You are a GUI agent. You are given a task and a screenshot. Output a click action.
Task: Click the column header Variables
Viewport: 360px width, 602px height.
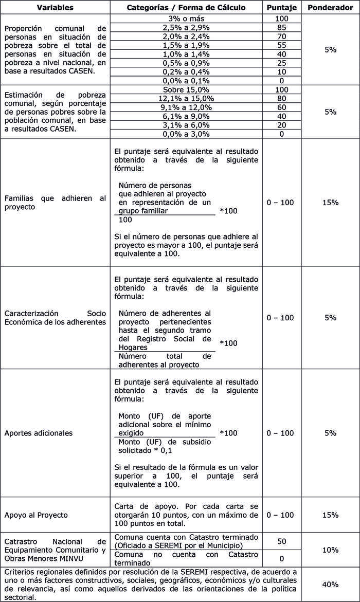pos(55,8)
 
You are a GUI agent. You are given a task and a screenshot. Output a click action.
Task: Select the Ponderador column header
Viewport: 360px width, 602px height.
pos(330,8)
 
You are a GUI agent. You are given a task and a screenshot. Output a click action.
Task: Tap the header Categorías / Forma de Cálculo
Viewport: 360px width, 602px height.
pos(186,8)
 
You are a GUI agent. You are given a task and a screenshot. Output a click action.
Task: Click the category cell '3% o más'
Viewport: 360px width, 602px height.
pos(186,19)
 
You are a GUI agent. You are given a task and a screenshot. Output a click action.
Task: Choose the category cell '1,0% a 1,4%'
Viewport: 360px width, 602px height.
pos(186,54)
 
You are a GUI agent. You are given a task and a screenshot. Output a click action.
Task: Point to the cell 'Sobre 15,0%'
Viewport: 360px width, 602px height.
pos(186,89)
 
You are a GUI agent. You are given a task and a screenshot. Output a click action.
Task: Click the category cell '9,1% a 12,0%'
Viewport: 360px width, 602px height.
pos(186,107)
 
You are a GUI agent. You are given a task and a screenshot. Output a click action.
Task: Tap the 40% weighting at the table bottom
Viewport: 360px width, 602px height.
pos(330,584)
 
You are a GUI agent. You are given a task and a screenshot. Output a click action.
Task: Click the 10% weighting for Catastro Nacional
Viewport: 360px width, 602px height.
pos(330,550)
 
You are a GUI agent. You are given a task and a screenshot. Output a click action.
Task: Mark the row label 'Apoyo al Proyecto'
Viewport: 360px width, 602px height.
pos(36,515)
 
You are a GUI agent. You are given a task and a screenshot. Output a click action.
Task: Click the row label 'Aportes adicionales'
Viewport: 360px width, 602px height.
pos(39,433)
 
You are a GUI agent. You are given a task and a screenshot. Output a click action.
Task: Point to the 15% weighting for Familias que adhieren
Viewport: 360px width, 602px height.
pos(330,203)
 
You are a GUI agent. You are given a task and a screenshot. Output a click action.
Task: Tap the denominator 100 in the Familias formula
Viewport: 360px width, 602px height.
pos(125,220)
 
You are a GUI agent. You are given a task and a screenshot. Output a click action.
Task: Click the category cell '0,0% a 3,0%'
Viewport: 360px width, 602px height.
pos(186,134)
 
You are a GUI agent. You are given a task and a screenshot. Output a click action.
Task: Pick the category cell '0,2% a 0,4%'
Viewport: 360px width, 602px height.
pos(186,71)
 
